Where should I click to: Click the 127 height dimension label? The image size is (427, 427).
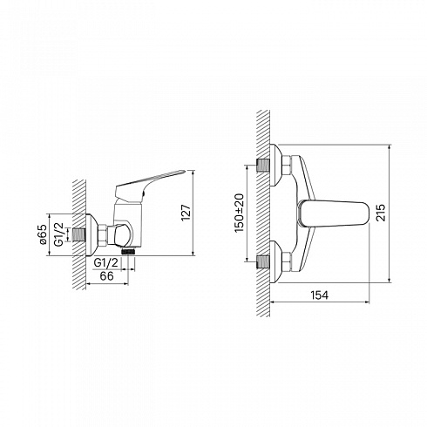coord(186,213)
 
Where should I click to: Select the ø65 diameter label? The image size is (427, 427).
coord(42,234)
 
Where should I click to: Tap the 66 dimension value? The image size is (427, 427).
coord(106,276)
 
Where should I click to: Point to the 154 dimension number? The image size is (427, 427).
coord(320,295)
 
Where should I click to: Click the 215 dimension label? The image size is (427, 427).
coord(380,213)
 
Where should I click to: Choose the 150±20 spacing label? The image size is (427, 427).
coord(240,213)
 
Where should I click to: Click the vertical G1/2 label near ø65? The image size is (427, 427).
coord(59,234)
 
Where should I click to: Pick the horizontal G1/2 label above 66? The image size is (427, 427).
coord(106,263)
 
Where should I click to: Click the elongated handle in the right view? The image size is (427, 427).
coord(334,214)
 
